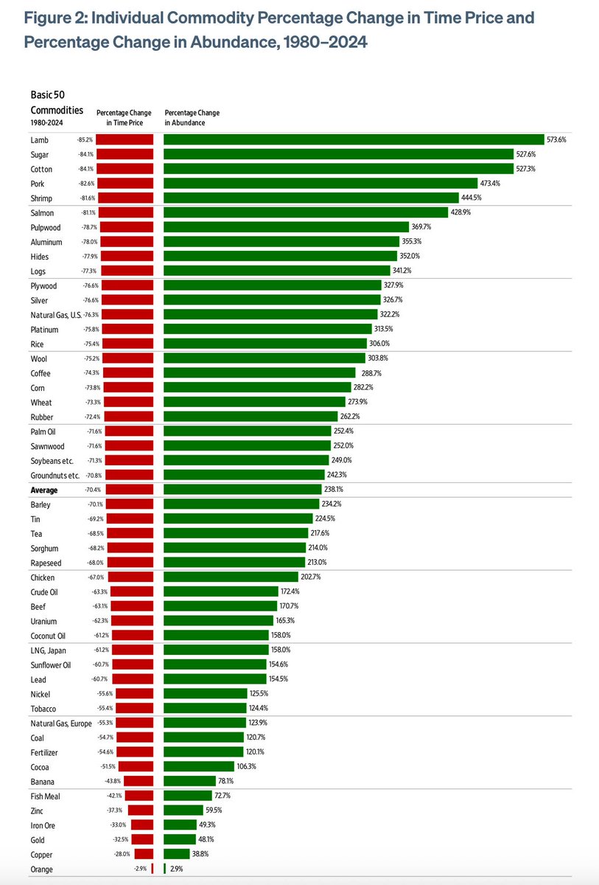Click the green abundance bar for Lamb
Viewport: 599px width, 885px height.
pyautogui.click(x=354, y=139)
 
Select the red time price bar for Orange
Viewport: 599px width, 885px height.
pyautogui.click(x=153, y=869)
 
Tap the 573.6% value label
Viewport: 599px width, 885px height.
pyautogui.click(x=556, y=139)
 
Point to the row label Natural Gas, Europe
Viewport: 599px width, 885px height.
pyautogui.click(x=61, y=723)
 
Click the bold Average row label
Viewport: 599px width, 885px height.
pyautogui.click(x=44, y=490)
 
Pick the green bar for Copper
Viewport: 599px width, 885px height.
pyautogui.click(x=177, y=854)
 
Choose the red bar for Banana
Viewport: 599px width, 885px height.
pyautogui.click(x=139, y=781)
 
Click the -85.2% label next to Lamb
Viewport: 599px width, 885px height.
pyautogui.click(x=85, y=139)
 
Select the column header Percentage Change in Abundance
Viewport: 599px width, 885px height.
pyautogui.click(x=192, y=118)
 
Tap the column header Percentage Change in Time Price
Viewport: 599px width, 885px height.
pyautogui.click(x=124, y=118)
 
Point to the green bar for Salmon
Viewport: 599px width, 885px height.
pyautogui.click(x=306, y=212)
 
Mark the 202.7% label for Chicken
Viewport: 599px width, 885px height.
pyautogui.click(x=310, y=577)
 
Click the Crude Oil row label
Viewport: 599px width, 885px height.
pyautogui.click(x=44, y=592)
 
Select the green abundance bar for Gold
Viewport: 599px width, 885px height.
pyautogui.click(x=180, y=839)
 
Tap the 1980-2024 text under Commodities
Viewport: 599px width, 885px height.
pyautogui.click(x=46, y=123)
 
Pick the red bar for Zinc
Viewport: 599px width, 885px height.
pyautogui.click(x=141, y=811)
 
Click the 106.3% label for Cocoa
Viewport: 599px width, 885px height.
pyautogui.click(x=247, y=766)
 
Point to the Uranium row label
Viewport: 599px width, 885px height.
pyautogui.click(x=43, y=622)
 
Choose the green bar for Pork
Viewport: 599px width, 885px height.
pyautogui.click(x=320, y=184)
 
